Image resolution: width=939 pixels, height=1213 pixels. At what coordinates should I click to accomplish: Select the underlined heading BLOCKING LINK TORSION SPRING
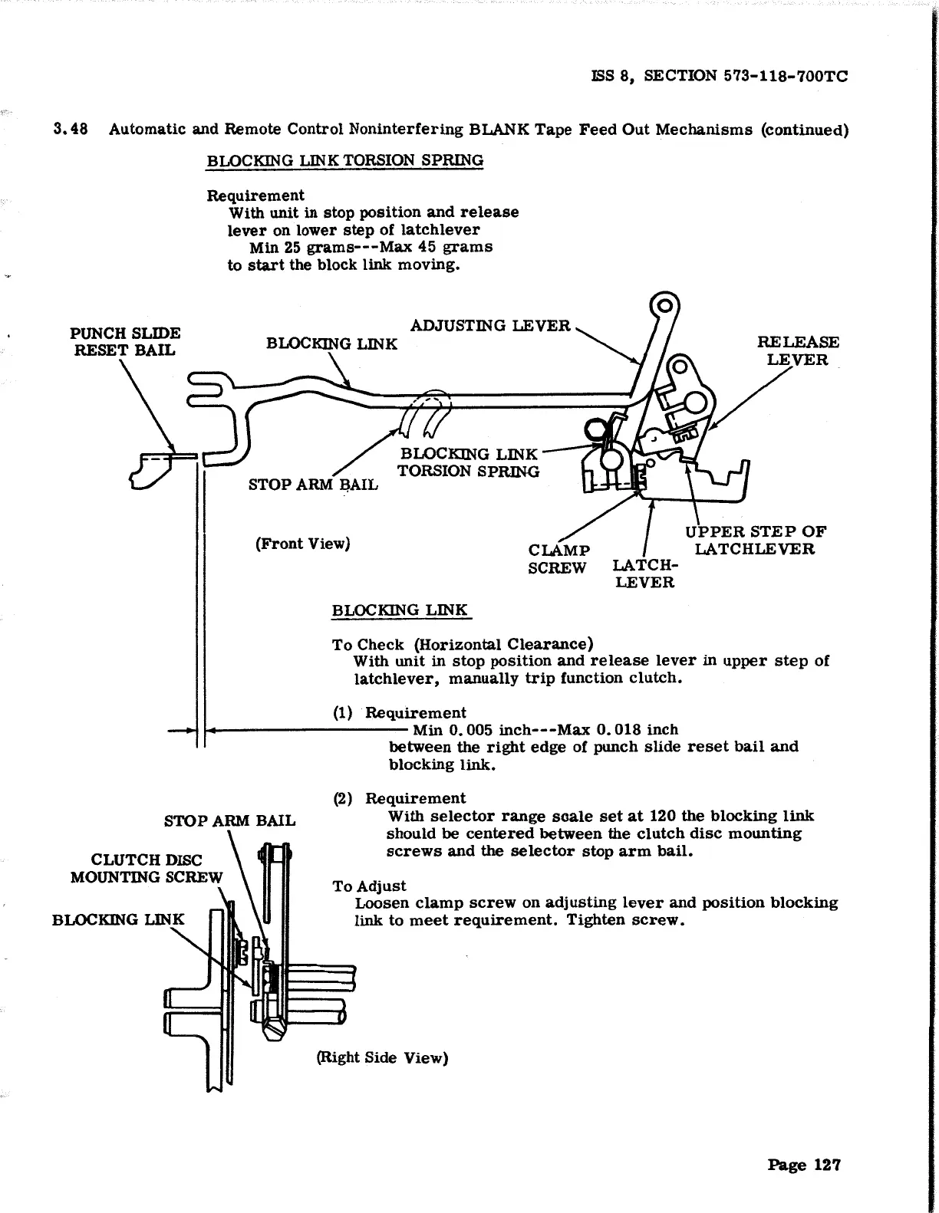tap(344, 161)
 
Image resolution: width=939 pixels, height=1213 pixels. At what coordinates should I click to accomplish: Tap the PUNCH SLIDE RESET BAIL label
tap(125, 342)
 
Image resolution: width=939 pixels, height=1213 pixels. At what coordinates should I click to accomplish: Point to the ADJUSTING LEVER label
tap(490, 326)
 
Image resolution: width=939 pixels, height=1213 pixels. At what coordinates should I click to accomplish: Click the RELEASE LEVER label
tap(798, 351)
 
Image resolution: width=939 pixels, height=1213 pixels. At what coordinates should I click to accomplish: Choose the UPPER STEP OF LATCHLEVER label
tap(755, 541)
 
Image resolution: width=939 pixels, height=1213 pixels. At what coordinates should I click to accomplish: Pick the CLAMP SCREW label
tap(559, 559)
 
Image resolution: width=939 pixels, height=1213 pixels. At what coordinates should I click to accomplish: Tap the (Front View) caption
tap(302, 544)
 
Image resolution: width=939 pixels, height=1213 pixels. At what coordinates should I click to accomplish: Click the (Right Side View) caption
tap(382, 1058)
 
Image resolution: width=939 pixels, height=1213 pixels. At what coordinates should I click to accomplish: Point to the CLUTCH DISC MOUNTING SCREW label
tap(146, 869)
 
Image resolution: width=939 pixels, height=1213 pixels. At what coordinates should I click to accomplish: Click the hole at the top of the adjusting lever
tap(664, 307)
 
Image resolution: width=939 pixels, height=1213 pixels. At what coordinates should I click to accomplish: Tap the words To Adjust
tap(369, 886)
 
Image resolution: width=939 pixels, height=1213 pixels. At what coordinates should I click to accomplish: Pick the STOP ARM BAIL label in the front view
tap(313, 485)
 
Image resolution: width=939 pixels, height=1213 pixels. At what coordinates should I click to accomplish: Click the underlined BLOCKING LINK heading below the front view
tap(399, 611)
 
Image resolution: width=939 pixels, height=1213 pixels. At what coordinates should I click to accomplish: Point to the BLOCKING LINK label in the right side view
tap(118, 919)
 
